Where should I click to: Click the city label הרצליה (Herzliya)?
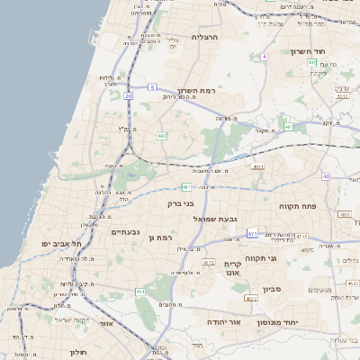(x=206, y=37)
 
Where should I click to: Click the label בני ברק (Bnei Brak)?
(x=181, y=203)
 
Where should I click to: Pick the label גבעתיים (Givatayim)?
(x=125, y=232)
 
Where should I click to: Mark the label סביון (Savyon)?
(x=274, y=289)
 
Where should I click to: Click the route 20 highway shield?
(x=129, y=95)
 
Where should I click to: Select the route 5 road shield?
(x=153, y=87)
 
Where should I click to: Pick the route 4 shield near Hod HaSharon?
(x=265, y=57)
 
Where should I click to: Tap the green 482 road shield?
(x=161, y=136)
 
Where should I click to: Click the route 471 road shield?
(x=253, y=234)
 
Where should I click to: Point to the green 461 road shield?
(x=140, y=292)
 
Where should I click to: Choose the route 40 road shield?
(x=326, y=176)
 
